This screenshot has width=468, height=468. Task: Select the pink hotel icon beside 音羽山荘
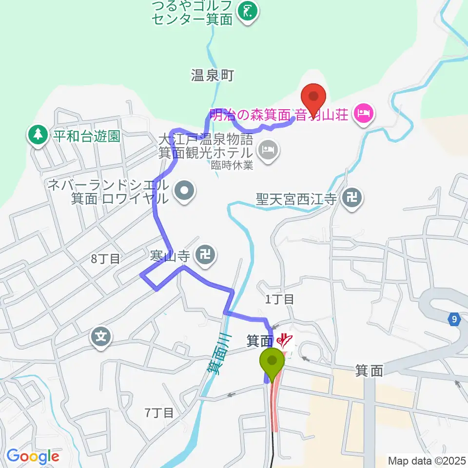click(363, 115)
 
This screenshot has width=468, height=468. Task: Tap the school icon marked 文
click(101, 336)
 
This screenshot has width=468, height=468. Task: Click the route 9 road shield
click(454, 319)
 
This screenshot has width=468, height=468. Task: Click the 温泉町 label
click(213, 75)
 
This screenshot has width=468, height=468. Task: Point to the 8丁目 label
click(105, 258)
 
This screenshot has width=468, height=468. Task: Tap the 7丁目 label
click(159, 413)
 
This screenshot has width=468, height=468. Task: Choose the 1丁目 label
click(279, 299)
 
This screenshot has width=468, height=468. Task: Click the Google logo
click(33, 457)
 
